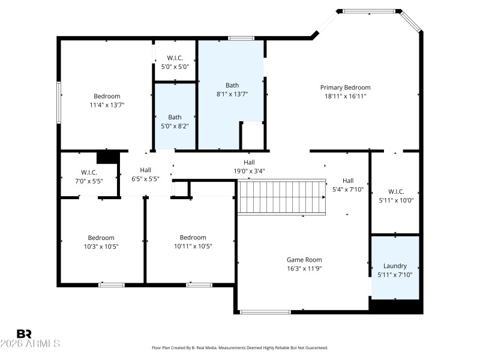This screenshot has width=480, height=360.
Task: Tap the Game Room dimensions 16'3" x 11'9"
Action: point(304,269)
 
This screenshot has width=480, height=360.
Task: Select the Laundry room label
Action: point(395,266)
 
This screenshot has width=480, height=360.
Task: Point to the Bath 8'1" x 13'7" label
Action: point(232,85)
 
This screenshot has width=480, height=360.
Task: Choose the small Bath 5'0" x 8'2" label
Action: point(175,118)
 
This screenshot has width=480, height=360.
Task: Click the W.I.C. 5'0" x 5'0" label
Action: point(175,58)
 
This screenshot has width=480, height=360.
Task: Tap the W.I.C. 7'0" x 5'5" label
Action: point(89,172)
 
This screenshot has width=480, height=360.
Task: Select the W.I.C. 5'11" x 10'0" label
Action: point(396,191)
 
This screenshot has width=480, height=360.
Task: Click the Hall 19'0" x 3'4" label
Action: point(249,163)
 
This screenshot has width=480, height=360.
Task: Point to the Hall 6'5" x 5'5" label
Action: point(145,170)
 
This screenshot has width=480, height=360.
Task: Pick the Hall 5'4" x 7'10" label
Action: point(348,181)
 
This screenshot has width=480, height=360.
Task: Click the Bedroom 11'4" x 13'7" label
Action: point(107,96)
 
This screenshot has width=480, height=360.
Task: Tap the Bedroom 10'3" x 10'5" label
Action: point(101,238)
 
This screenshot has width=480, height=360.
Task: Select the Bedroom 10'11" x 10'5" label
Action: point(193,238)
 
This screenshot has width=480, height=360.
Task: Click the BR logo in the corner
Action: point(24,334)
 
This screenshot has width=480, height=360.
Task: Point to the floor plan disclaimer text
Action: point(240,347)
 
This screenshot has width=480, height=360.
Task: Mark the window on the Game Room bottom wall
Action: point(265,311)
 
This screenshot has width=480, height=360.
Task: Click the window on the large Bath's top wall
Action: point(241,38)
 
